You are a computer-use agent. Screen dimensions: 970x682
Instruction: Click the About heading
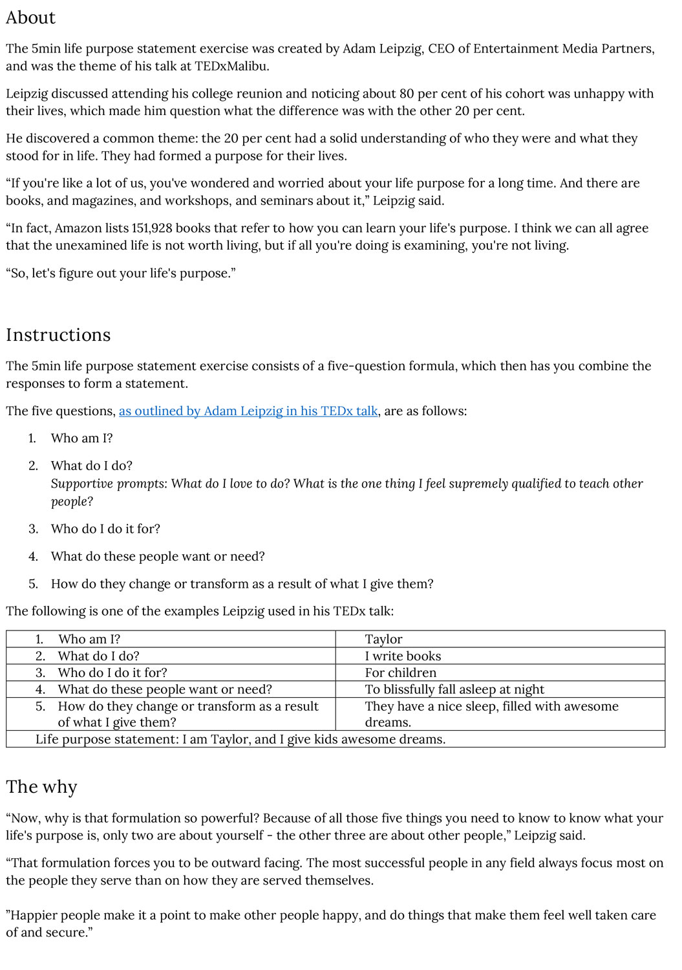pyautogui.click(x=30, y=17)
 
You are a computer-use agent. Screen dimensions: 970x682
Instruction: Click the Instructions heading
pyautogui.click(x=58, y=335)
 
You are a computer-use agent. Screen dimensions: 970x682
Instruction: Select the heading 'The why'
pyautogui.click(x=41, y=787)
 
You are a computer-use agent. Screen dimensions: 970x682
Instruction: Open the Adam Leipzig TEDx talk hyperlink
pyautogui.click(x=248, y=411)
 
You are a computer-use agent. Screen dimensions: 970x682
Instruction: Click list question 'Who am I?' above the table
pyautogui.click(x=81, y=438)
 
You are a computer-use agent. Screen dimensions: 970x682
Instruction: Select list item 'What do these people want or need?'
pyautogui.click(x=158, y=557)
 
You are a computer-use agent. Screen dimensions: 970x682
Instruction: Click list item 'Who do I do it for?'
pyautogui.click(x=105, y=529)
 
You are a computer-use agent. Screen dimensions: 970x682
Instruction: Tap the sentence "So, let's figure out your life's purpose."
pyautogui.click(x=121, y=274)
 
